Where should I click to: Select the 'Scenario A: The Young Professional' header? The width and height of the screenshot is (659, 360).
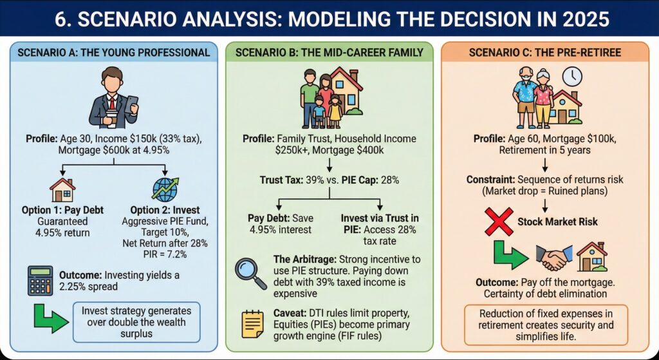coord(113,52)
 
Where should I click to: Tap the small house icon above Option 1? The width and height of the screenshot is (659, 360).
coord(62,190)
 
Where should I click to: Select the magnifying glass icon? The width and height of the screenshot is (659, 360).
coord(250,271)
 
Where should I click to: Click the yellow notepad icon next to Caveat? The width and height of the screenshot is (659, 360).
coord(250,323)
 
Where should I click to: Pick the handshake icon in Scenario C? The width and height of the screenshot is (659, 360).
coord(555,258)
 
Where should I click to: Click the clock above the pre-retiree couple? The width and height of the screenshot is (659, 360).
coord(571,76)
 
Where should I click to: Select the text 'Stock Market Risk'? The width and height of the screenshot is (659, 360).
coord(557,222)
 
